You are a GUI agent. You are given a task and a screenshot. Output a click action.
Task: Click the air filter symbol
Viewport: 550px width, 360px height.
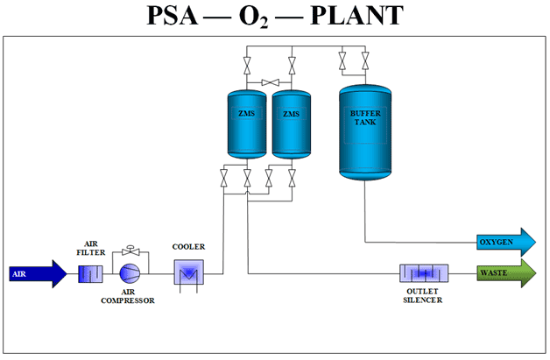coord(92,273)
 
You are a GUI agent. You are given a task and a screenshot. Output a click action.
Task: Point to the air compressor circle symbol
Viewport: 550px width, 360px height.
coord(130,273)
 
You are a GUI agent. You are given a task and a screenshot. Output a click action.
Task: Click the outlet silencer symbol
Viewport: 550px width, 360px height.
coord(424,273)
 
